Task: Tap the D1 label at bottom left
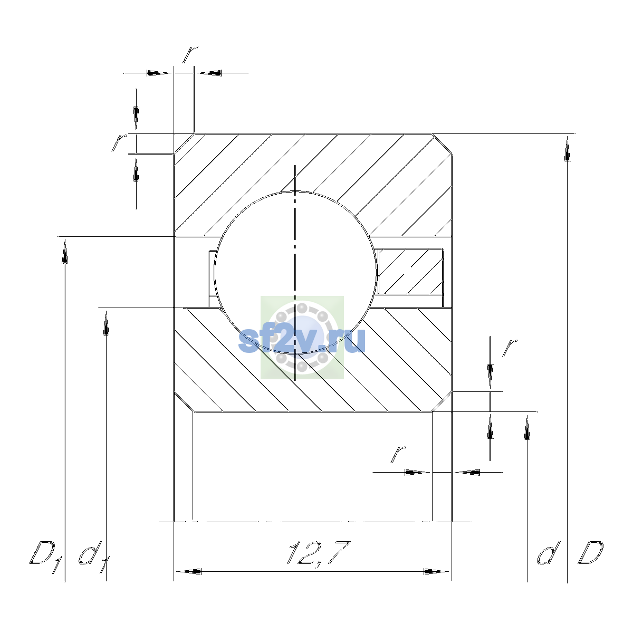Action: (46, 556)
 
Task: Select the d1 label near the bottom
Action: (94, 557)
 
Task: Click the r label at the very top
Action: (190, 54)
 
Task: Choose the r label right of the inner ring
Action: (510, 348)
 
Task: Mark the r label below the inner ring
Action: (398, 455)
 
